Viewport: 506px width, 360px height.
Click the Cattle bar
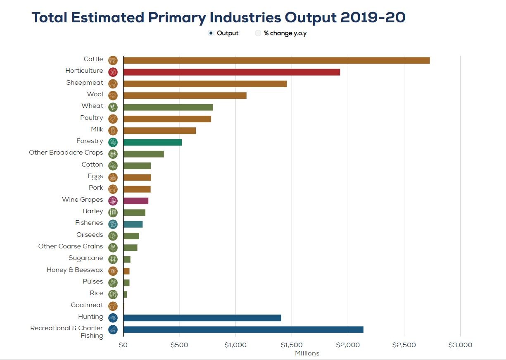276,60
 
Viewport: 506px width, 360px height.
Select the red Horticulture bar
231,72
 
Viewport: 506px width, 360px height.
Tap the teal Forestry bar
152,143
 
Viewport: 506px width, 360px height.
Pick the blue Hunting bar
202,318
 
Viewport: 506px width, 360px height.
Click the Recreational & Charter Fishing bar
243,329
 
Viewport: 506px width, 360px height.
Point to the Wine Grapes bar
135,201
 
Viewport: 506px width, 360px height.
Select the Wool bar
185,95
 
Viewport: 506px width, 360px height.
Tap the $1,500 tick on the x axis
292,345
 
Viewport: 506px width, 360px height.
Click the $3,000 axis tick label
460,345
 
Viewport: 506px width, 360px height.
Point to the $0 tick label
123,345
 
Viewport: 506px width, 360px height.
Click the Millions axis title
307,353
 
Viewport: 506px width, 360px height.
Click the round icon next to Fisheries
113,224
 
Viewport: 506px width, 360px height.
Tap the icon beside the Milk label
113,131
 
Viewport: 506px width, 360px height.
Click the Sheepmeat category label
85,83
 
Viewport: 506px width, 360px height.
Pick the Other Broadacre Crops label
66,153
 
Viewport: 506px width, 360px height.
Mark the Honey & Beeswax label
75,270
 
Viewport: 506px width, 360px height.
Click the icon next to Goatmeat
113,306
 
